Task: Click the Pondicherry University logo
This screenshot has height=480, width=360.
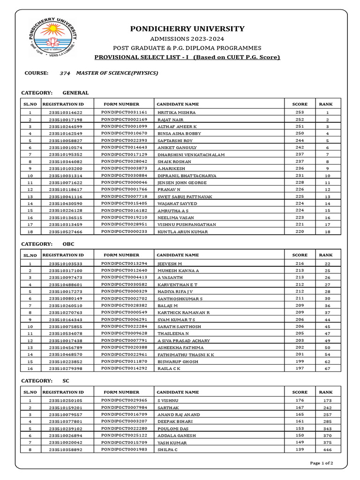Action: [52, 37]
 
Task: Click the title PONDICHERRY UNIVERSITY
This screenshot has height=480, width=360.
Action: [187, 29]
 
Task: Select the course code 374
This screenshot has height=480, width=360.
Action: [65, 73]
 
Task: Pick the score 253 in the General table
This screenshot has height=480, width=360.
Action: [300, 112]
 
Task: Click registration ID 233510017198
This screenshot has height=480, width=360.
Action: [65, 120]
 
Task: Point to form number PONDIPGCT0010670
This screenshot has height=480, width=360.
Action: [124, 134]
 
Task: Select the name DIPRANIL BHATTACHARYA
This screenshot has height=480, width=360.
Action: [187, 176]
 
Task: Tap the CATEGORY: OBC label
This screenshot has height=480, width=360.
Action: [48, 244]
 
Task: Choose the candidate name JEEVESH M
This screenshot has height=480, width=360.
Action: [170, 264]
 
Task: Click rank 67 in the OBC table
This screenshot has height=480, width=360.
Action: [328, 368]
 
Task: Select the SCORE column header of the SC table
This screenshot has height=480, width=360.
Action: [300, 392]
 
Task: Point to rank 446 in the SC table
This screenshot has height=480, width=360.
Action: [328, 450]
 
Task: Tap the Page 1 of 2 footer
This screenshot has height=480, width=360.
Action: [322, 463]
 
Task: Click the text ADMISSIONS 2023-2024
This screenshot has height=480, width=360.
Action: [187, 38]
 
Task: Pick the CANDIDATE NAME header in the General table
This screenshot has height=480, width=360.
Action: [178, 104]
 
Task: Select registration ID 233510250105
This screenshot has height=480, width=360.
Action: [65, 401]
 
